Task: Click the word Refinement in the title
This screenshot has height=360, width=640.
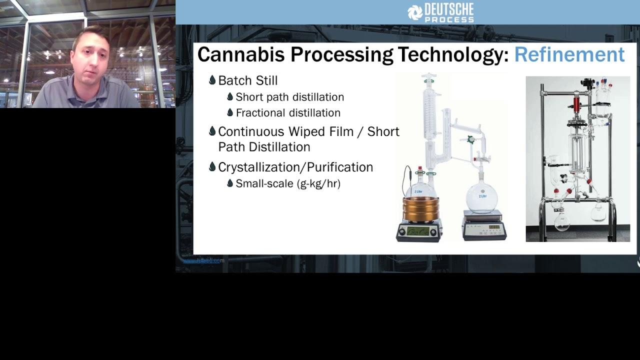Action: pyautogui.click(x=569, y=54)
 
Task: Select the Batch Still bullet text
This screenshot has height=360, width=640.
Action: pyautogui.click(x=247, y=80)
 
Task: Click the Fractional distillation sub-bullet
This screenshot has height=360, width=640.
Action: pyautogui.click(x=288, y=113)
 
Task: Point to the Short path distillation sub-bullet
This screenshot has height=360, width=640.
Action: pyautogui.click(x=289, y=97)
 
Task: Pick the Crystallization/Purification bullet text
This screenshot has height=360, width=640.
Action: pyautogui.click(x=295, y=167)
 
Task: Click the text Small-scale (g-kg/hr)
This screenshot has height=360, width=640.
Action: pyautogui.click(x=288, y=183)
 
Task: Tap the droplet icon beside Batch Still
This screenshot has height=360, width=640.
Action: pyautogui.click(x=212, y=80)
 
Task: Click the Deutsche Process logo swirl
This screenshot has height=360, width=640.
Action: pyautogui.click(x=414, y=12)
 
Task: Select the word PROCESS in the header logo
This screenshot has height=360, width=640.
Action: pyautogui.click(x=448, y=19)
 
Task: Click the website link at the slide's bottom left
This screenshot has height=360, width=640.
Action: pyautogui.click(x=203, y=260)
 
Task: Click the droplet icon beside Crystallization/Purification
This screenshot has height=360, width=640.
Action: pyautogui.click(x=212, y=166)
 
